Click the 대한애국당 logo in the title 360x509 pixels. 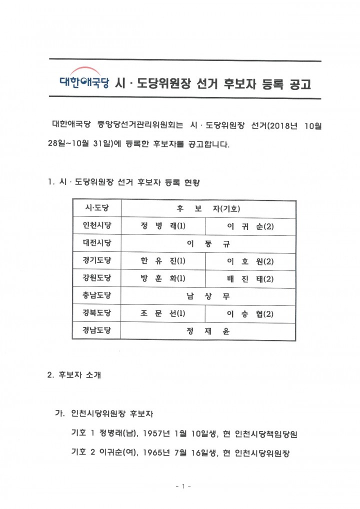pyautogui.click(x=84, y=80)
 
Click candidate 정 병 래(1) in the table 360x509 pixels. pyautogui.click(x=163, y=226)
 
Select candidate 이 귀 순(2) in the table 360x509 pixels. pyautogui.click(x=250, y=226)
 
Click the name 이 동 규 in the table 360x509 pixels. pyautogui.click(x=208, y=244)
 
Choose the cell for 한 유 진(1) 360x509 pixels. pyautogui.click(x=163, y=261)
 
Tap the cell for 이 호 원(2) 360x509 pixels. pyautogui.click(x=250, y=261)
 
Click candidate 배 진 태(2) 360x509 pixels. pyautogui.click(x=250, y=278)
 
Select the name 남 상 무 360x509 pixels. pyautogui.click(x=208, y=296)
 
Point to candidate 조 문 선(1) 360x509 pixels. pyautogui.click(x=163, y=313)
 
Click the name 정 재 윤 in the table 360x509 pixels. pyautogui.click(x=208, y=330)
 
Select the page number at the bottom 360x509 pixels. pyautogui.click(x=180, y=486)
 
